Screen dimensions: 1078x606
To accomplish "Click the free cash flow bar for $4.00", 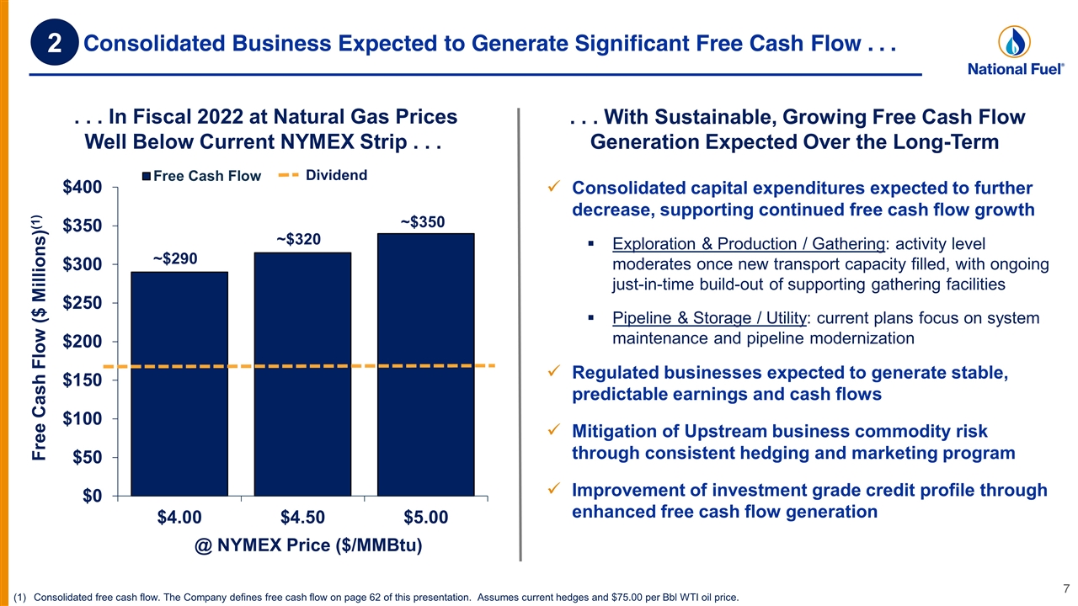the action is point(179,384).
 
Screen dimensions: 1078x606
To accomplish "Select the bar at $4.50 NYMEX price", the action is point(302,375).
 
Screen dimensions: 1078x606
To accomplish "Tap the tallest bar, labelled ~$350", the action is point(426,364).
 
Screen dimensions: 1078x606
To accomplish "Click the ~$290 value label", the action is point(175,258).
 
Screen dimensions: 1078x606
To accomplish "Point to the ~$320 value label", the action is point(298,239).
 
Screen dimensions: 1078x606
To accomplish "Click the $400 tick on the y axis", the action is point(83,187).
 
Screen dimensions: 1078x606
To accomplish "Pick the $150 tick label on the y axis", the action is point(83,380).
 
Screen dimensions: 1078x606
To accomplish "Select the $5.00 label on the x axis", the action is point(426,517).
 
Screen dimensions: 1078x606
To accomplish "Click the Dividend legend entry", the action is point(323,175).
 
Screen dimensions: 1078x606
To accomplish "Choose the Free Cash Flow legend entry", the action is point(201,176).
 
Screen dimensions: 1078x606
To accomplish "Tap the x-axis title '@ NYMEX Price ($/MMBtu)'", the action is point(308,545).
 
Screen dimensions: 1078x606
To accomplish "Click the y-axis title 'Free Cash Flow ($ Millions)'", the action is point(39,338).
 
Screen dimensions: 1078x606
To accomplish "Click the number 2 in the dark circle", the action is point(55,43).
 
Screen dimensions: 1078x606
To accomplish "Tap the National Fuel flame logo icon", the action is point(1014,42).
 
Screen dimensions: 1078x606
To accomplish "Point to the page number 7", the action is point(1066,588).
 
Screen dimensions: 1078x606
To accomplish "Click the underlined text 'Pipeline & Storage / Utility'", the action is point(709,318).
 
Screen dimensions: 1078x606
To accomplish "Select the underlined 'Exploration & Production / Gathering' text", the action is point(749,244).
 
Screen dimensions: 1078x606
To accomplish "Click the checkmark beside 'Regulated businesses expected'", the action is point(554,371).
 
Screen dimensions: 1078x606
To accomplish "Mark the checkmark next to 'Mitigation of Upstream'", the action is point(554,429).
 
